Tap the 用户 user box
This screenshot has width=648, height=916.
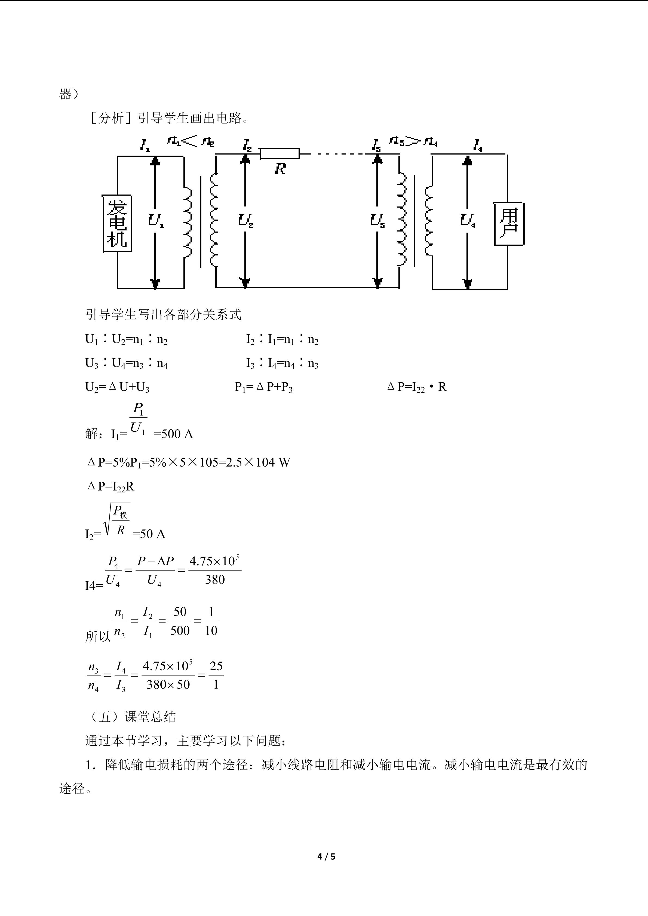click(509, 224)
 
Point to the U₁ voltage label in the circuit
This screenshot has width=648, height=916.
click(156, 220)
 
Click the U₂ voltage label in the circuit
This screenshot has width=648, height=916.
click(246, 220)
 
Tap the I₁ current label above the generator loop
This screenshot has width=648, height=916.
click(145, 145)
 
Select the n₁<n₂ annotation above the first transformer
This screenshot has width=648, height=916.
click(191, 141)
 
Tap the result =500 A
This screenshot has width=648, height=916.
click(173, 434)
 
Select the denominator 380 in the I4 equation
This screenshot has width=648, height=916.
click(215, 580)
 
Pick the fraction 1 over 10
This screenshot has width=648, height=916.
click(211, 621)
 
